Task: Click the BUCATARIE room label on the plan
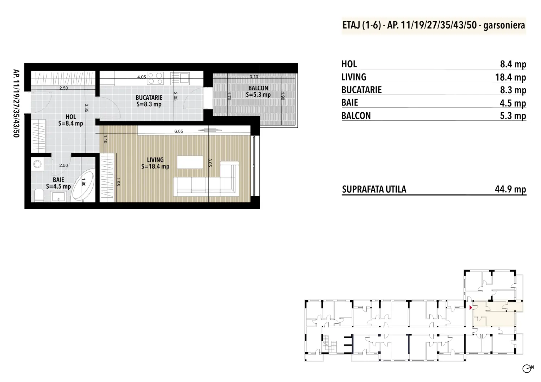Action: pos(149,98)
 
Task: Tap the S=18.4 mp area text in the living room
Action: pos(155,167)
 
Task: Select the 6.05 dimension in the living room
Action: pos(179,131)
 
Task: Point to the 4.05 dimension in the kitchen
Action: pos(141,77)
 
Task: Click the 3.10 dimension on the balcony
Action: pos(254,77)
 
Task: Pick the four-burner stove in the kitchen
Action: pos(155,78)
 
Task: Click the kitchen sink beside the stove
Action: pos(180,78)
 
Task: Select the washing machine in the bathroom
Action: pos(38,164)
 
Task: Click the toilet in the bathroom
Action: pos(39,196)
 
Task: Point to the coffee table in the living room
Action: pos(190,162)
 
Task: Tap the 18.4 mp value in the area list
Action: pos(511,77)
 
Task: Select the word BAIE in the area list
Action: pos(350,103)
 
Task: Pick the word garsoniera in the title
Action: pos(504,25)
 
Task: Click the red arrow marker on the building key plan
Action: pos(471,307)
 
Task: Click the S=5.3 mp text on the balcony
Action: pos(258,95)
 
